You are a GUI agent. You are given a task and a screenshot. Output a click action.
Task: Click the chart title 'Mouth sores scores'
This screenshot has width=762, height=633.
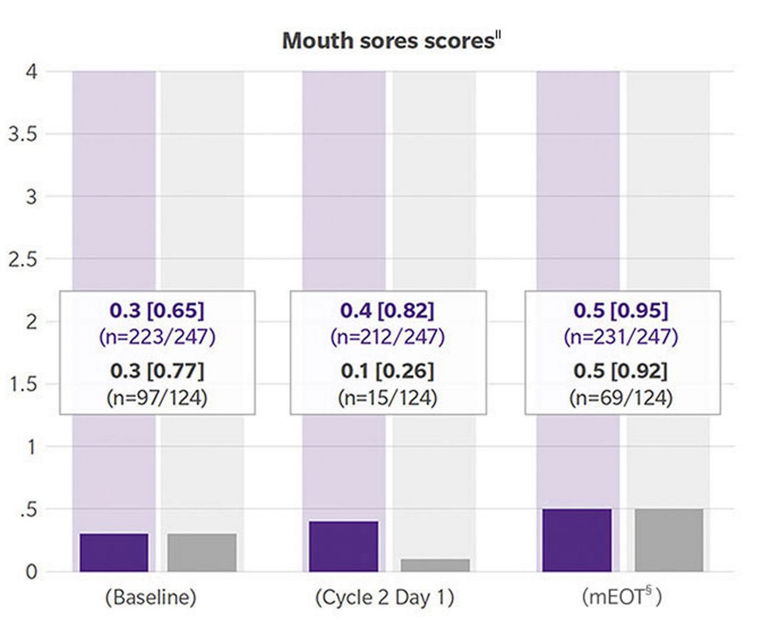coord(389,41)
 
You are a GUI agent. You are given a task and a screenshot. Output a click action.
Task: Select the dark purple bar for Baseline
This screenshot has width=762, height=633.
coord(114,553)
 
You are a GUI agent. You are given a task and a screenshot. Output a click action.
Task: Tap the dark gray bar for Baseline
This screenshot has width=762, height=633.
coord(202,553)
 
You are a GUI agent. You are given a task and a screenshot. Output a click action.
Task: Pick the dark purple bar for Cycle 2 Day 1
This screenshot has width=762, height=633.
coord(343,547)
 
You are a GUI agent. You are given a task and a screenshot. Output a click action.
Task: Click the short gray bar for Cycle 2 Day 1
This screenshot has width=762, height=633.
coord(435,565)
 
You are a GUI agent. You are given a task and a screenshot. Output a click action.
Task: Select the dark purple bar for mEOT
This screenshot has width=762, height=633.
coord(577,540)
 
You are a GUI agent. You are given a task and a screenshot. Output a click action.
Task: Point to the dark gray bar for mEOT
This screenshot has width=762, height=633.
coord(669,540)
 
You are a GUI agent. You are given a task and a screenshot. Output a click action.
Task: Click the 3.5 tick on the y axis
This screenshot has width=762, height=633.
coord(23,134)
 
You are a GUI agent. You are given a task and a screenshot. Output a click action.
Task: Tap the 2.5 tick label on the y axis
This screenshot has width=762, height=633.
coord(23,259)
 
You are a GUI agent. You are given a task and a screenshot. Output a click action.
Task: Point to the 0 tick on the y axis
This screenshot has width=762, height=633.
coord(31,572)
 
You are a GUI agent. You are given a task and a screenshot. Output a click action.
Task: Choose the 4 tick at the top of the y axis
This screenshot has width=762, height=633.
coord(31,72)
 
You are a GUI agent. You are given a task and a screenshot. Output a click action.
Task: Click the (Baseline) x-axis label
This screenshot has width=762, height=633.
coord(151,597)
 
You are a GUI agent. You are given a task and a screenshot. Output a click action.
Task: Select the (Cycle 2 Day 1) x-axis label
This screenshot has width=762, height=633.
coord(384,597)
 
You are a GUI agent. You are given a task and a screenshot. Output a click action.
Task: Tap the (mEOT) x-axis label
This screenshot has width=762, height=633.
coord(621,597)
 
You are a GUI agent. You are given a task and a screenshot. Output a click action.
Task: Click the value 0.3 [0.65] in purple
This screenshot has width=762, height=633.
coord(157,311)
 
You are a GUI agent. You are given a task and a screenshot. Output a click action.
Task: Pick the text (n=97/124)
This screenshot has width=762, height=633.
coord(157,398)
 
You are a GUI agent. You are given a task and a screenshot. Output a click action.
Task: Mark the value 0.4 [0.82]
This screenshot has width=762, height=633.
coord(388,311)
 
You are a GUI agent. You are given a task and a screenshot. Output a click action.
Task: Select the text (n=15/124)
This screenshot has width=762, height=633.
coord(388,398)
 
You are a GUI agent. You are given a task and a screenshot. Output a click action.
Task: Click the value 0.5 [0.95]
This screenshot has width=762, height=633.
coord(621,311)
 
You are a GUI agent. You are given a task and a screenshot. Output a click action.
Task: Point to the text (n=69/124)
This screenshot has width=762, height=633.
coord(621,398)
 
